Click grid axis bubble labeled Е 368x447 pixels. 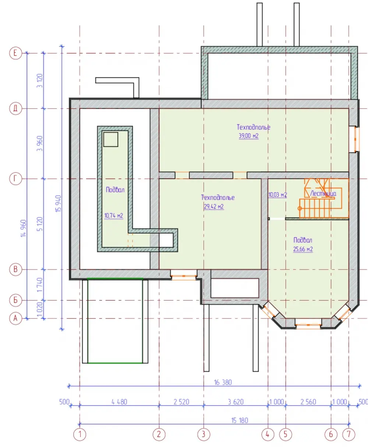15,53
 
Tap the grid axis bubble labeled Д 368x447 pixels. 15,109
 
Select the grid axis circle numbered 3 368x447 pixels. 204,434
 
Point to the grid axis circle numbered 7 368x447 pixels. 349,434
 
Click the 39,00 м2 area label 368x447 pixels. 249,136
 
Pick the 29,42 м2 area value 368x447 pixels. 214,206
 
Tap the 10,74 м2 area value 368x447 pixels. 114,215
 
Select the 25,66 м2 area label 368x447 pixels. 303,249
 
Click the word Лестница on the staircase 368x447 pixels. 323,194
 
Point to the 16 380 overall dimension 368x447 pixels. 223,382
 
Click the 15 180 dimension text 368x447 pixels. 240,420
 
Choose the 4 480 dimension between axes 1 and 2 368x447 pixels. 119,402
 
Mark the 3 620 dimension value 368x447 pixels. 236,402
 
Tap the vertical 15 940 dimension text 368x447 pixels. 59,204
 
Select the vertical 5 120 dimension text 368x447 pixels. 40,224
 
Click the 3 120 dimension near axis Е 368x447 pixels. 40,81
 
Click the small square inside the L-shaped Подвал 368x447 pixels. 111,140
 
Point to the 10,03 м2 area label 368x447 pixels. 277,195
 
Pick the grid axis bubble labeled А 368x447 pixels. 15,318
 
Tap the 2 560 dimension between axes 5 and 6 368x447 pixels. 308,402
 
